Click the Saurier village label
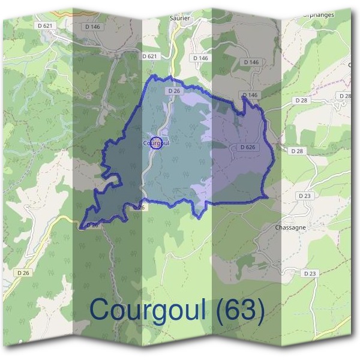(x=180, y=19)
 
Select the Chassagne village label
(x=290, y=228)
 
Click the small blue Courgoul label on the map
(x=156, y=143)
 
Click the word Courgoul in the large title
(x=150, y=310)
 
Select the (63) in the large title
(x=239, y=310)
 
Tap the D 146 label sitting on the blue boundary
(x=250, y=95)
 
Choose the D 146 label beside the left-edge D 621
(x=92, y=27)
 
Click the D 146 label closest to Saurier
(x=200, y=58)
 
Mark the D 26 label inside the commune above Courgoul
(x=175, y=91)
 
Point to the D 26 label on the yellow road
(x=23, y=272)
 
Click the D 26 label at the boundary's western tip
(x=91, y=225)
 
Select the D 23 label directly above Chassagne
(x=305, y=196)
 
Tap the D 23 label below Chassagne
(x=310, y=273)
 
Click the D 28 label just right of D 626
(x=296, y=151)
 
